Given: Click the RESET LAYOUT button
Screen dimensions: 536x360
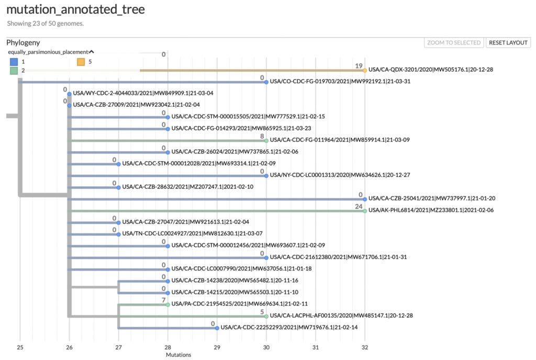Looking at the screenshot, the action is point(508,43).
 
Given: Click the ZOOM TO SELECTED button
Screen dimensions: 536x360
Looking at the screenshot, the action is point(454,43).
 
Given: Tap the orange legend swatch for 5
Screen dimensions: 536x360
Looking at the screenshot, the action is point(81,62).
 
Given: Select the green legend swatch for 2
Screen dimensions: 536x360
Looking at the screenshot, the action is point(14,71).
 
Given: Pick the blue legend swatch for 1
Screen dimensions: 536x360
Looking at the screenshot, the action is point(14,62).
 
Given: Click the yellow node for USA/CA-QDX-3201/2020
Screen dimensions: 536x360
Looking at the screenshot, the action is point(365,70).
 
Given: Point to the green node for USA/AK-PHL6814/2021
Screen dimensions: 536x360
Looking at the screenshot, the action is point(365,211).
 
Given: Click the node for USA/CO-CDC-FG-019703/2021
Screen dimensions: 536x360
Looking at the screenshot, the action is point(266,82).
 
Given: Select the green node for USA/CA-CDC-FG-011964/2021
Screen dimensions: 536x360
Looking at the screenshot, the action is point(266,141).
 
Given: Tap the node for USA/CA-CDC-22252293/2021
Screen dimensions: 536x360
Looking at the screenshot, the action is point(217,328).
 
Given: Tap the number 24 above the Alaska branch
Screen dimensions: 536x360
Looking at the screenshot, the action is point(359,206).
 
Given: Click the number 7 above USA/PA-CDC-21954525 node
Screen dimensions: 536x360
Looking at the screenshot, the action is point(164,300).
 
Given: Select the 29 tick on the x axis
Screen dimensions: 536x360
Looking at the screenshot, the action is point(217,347).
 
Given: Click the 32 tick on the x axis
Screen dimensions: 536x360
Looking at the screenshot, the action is point(365,347).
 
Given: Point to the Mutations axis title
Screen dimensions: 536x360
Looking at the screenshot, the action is point(178,355).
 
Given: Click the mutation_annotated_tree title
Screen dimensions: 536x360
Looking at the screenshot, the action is point(75,9).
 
